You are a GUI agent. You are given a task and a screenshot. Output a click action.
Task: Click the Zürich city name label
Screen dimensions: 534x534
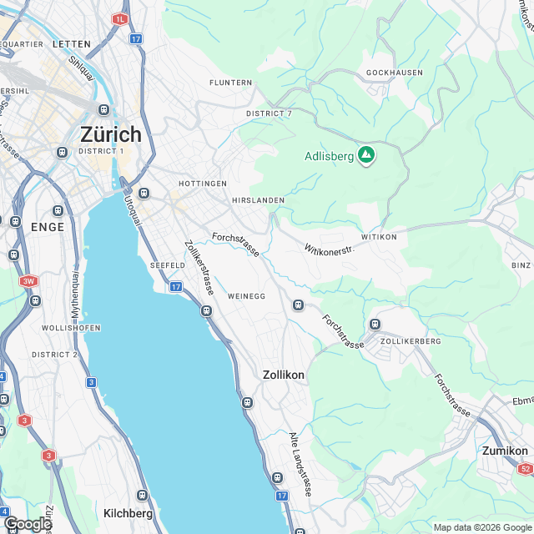tap(111, 134)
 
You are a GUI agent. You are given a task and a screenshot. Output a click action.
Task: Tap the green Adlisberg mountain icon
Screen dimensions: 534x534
tap(365, 154)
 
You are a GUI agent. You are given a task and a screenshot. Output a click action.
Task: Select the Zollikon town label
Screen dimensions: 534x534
tap(283, 375)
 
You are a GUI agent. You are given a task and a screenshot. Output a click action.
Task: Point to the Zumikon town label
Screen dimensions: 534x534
tap(505, 451)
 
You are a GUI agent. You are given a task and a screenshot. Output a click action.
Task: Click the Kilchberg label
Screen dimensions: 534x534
tap(128, 512)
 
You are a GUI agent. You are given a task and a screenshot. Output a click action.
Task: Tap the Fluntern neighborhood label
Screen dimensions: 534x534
tap(231, 83)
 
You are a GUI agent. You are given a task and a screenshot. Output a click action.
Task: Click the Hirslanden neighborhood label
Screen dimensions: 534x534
tap(259, 200)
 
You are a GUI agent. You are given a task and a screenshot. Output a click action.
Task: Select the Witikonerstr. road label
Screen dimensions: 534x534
tap(330, 249)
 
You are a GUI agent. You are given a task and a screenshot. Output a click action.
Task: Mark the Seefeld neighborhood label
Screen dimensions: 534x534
tap(166, 264)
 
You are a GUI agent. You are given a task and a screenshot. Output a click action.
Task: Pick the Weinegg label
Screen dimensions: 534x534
tap(246, 296)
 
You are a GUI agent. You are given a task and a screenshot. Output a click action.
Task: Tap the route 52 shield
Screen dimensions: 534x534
tap(524, 469)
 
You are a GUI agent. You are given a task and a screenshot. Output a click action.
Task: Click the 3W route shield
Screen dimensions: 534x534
tap(29, 281)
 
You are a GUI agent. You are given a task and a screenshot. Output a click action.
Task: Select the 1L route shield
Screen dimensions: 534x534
tap(121, 18)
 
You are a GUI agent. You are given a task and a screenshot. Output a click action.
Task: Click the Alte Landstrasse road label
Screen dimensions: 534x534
tap(299, 465)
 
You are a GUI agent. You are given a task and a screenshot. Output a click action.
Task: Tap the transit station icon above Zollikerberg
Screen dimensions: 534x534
tap(375, 324)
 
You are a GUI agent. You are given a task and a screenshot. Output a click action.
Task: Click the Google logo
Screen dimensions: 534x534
tap(27, 523)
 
